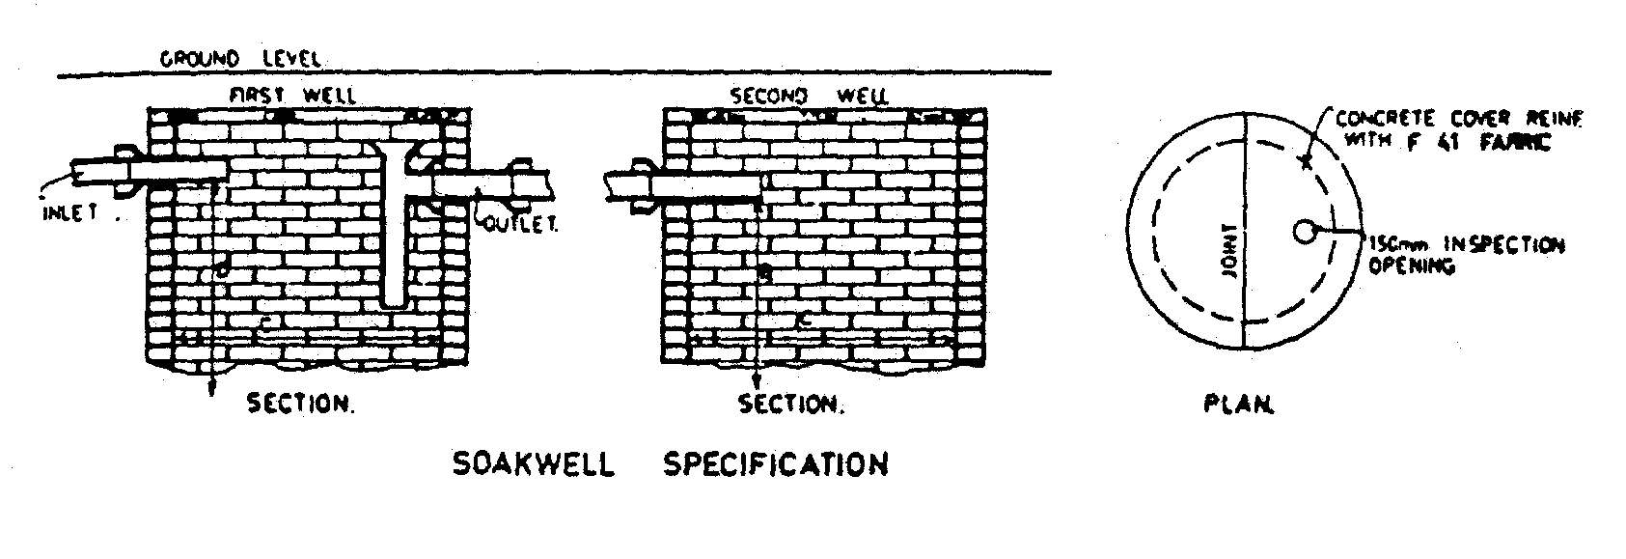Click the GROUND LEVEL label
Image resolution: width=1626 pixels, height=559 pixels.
tap(239, 58)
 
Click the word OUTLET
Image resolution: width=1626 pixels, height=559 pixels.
tap(520, 225)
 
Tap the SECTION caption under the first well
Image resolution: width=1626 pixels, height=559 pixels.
tap(301, 404)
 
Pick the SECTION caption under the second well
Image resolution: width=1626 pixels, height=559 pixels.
tap(791, 404)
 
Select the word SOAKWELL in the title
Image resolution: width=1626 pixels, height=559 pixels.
tap(533, 464)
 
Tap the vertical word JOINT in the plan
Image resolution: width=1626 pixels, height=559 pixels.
tap(1228, 255)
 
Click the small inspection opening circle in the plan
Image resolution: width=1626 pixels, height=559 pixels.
tap(1306, 232)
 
